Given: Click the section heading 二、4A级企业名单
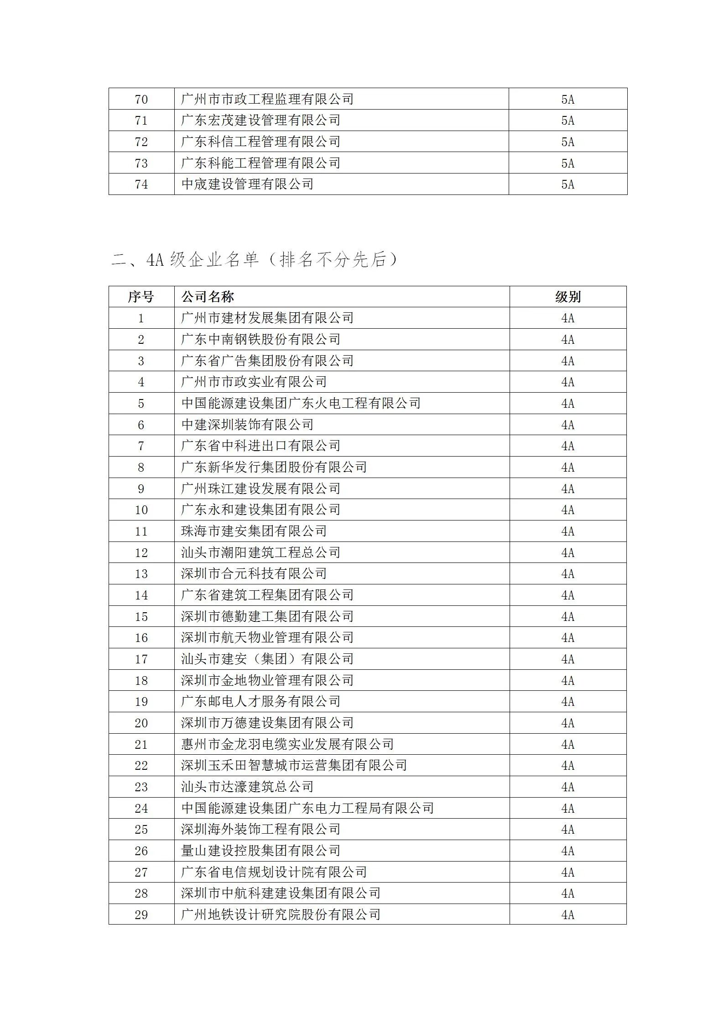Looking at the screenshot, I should click(254, 260).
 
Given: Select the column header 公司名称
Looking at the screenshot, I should click(208, 297).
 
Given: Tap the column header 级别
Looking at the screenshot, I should click(568, 297).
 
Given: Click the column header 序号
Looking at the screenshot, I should click(141, 297).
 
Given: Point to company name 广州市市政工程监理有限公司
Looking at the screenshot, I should click(267, 99).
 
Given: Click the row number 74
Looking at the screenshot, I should click(141, 184).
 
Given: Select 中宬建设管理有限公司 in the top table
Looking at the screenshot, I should click(247, 184).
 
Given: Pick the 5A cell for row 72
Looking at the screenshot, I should click(568, 142).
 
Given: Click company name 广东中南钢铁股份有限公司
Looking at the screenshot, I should click(260, 339).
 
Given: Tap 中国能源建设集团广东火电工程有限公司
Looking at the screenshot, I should click(301, 403).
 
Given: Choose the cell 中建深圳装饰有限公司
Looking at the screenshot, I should click(247, 425).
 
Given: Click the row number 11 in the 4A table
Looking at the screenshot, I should click(141, 531).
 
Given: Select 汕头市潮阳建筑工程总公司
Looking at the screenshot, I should click(260, 552).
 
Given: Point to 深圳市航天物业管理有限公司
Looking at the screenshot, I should click(267, 637).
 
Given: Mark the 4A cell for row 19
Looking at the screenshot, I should click(568, 701).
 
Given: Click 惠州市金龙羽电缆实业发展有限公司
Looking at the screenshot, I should click(287, 744).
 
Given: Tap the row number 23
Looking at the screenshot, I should click(141, 787).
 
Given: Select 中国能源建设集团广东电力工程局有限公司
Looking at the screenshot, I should click(307, 808).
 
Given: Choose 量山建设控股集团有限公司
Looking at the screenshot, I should click(260, 851).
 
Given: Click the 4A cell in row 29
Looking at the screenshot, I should click(568, 915).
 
